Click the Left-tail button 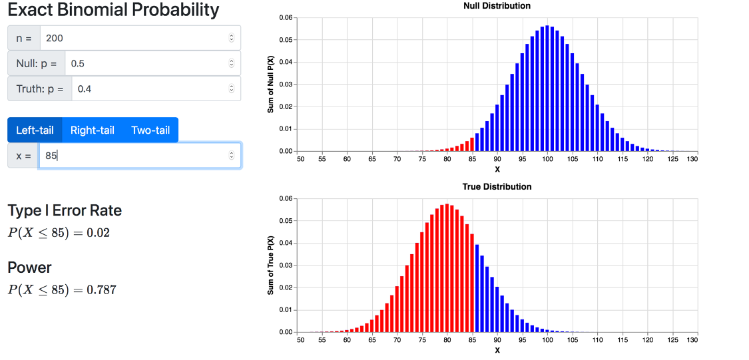pyautogui.click(x=35, y=130)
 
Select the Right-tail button pyautogui.click(x=93, y=130)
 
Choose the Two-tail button pyautogui.click(x=150, y=130)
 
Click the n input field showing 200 pyautogui.click(x=133, y=38)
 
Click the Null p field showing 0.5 pyautogui.click(x=146, y=64)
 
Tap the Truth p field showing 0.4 pyautogui.click(x=150, y=89)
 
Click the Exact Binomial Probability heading pyautogui.click(x=113, y=10)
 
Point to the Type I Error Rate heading pyautogui.click(x=65, y=210)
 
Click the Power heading pyautogui.click(x=29, y=268)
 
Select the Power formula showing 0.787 pyautogui.click(x=63, y=289)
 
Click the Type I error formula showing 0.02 pyautogui.click(x=59, y=233)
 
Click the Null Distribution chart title pyautogui.click(x=497, y=6)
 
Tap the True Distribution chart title pyautogui.click(x=497, y=186)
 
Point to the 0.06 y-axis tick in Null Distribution pyautogui.click(x=286, y=17)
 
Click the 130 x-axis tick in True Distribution pyautogui.click(x=692, y=340)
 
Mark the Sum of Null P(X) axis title pyautogui.click(x=271, y=85)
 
